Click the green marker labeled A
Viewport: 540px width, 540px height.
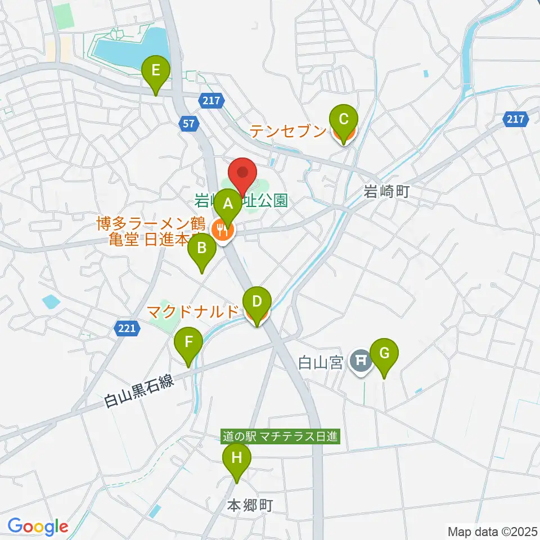(x=228, y=204)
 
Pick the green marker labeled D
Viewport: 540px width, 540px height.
(x=256, y=301)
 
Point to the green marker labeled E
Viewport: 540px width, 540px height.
(x=156, y=71)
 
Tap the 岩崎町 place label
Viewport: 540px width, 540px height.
(x=385, y=191)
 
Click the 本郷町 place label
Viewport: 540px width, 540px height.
(x=250, y=505)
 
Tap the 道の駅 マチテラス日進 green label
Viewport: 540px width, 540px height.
(x=281, y=436)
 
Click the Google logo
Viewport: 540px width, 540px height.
(x=38, y=527)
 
